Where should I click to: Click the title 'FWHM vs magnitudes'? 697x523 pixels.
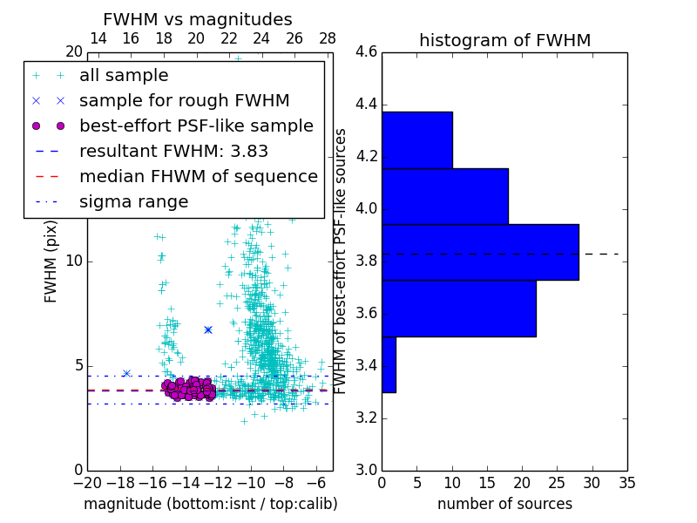click(x=198, y=19)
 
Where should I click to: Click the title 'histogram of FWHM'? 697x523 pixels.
click(x=504, y=40)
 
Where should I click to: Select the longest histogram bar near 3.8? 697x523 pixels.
click(x=480, y=252)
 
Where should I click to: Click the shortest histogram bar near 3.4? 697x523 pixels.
click(x=389, y=364)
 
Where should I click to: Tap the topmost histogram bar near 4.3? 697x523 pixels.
click(x=416, y=139)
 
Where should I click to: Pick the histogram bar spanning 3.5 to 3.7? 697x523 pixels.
click(x=458, y=308)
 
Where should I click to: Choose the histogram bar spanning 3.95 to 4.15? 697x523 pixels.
click(x=444, y=196)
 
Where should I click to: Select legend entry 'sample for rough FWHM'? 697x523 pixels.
click(x=184, y=100)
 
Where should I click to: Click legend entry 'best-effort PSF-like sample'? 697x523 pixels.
click(x=196, y=126)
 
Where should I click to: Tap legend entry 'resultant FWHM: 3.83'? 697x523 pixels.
click(x=173, y=151)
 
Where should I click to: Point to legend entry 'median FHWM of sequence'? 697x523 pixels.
click(x=198, y=176)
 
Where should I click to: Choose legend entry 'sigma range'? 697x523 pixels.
click(x=133, y=201)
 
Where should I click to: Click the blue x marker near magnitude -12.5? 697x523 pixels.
click(x=208, y=329)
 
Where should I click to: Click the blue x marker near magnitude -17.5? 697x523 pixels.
click(x=126, y=373)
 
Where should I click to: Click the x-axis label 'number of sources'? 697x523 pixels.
click(x=504, y=504)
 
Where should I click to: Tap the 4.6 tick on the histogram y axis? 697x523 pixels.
click(x=367, y=52)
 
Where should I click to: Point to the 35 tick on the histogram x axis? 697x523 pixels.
click(x=626, y=482)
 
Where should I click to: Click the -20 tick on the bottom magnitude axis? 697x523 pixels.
click(x=87, y=482)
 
